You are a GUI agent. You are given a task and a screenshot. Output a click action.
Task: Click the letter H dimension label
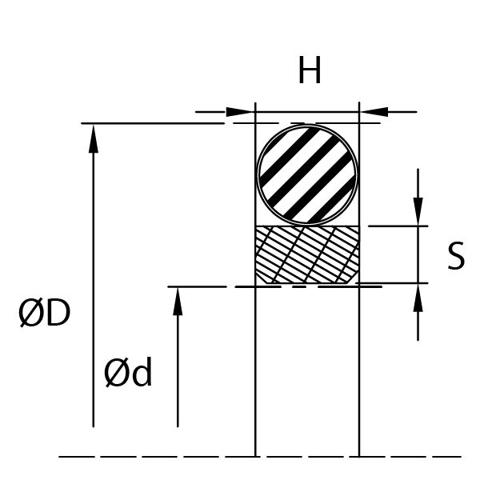[x=310, y=70]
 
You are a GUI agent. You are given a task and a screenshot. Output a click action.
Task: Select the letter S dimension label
[x=456, y=256]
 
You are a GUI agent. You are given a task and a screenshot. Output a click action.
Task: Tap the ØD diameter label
[x=45, y=313]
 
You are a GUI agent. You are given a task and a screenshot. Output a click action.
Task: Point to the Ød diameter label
[x=128, y=372]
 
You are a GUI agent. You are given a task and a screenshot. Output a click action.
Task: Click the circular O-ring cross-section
[x=307, y=174]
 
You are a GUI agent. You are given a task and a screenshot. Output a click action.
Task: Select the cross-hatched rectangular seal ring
[x=307, y=254]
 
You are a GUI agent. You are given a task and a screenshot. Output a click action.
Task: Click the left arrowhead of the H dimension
[x=240, y=112]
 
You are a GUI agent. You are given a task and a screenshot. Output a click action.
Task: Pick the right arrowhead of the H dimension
[x=374, y=112]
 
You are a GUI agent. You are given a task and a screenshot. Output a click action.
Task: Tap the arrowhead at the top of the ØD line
[x=94, y=138]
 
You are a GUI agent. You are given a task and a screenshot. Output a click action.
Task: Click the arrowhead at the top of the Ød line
[x=178, y=302]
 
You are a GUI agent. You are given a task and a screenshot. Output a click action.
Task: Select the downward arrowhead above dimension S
[x=418, y=211]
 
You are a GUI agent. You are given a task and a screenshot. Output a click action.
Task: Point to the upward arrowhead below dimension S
[x=418, y=298]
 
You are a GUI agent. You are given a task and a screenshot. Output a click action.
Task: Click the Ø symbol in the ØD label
[x=30, y=313]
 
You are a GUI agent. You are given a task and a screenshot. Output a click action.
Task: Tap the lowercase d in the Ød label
[x=142, y=371]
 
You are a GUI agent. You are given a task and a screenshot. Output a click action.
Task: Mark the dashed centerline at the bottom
[x=260, y=457]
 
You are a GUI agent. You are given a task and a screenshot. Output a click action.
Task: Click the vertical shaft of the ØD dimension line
[x=94, y=275]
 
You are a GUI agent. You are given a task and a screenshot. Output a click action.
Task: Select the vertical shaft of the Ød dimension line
[x=178, y=357]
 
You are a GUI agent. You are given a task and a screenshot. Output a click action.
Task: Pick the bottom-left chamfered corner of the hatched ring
[x=261, y=278]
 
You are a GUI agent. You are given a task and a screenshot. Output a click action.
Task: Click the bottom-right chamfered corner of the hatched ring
[x=354, y=277]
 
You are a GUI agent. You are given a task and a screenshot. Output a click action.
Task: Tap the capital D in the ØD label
[x=58, y=313]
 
